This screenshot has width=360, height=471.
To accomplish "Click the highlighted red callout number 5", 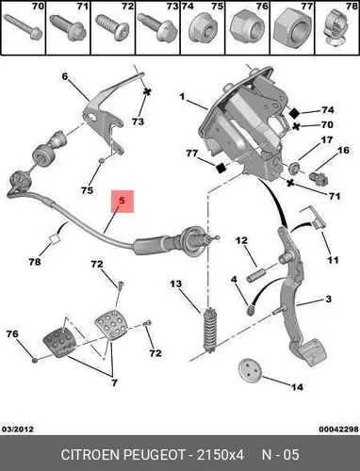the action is [122, 201].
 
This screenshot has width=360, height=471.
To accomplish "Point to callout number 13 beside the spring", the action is [176, 284].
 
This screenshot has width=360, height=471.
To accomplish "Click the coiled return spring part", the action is [209, 330].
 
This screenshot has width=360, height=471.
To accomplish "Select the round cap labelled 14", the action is [249, 370].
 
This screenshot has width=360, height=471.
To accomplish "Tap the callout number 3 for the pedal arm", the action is [328, 299].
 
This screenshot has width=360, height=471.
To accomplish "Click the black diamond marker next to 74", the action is [294, 112].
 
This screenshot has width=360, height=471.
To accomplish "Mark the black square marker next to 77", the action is [221, 168].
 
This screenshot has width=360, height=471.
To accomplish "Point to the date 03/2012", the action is [18, 429].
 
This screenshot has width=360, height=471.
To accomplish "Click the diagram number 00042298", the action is [338, 429].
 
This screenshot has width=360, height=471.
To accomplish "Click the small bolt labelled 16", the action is [318, 178].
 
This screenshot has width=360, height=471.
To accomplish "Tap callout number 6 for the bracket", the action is [65, 76].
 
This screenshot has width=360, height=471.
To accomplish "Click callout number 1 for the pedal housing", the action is [183, 97].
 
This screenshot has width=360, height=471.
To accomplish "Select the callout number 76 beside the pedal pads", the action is [12, 333].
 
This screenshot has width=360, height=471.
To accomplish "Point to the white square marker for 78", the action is [55, 239].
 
